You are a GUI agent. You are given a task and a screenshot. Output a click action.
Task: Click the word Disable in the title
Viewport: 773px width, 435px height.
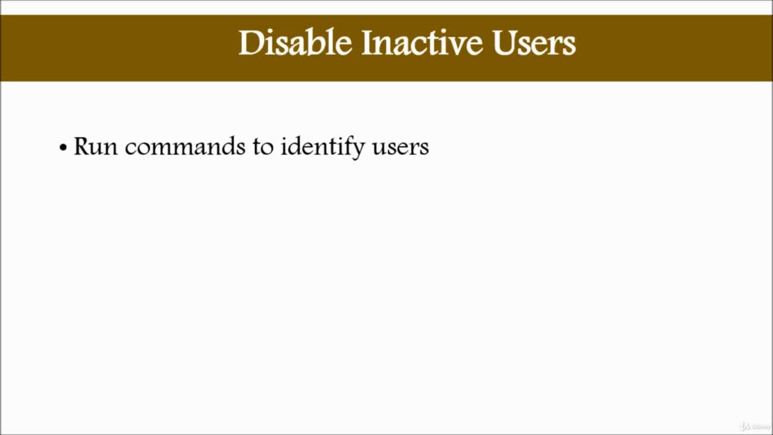pyautogui.click(x=295, y=42)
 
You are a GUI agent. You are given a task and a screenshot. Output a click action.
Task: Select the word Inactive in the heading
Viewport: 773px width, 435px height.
pyautogui.click(x=422, y=42)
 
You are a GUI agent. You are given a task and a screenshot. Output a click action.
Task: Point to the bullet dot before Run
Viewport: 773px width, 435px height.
pyautogui.click(x=63, y=148)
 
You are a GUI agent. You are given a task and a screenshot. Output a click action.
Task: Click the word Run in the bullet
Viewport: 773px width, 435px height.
pyautogui.click(x=95, y=146)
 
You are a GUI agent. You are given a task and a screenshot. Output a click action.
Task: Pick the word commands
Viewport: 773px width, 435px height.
pyautogui.click(x=185, y=146)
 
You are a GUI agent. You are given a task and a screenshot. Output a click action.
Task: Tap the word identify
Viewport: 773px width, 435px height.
pyautogui.click(x=322, y=147)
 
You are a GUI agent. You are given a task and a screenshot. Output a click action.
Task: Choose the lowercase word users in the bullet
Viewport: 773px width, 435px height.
pyautogui.click(x=400, y=149)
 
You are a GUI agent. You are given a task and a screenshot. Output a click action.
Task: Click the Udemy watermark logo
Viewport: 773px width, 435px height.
pyautogui.click(x=755, y=426)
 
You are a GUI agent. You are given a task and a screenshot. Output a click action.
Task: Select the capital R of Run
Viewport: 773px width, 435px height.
pyautogui.click(x=82, y=146)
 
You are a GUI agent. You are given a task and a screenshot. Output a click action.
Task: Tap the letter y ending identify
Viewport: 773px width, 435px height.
pyautogui.click(x=358, y=151)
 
